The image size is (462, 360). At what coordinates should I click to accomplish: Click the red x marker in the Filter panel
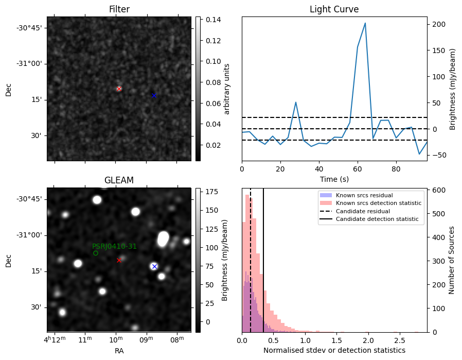(x=119, y=89)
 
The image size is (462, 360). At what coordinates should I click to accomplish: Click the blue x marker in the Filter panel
(x=154, y=95)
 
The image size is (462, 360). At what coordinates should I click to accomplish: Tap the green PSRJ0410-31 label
(x=114, y=246)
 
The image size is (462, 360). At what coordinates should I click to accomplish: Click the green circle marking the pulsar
(x=96, y=253)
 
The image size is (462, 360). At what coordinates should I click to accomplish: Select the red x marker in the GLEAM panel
(x=119, y=260)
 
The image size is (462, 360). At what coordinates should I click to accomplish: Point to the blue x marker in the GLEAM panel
(x=154, y=266)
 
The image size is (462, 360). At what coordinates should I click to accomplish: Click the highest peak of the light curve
(x=365, y=23)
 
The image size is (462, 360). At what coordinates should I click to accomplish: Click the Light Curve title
(x=334, y=9)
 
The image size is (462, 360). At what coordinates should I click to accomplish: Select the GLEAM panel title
(x=119, y=180)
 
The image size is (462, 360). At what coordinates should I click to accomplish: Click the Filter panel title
(x=119, y=9)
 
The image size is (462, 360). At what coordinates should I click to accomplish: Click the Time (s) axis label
(x=334, y=179)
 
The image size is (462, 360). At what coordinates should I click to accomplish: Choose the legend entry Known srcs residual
(x=364, y=195)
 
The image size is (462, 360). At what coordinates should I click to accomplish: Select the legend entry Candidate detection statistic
(x=377, y=219)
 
